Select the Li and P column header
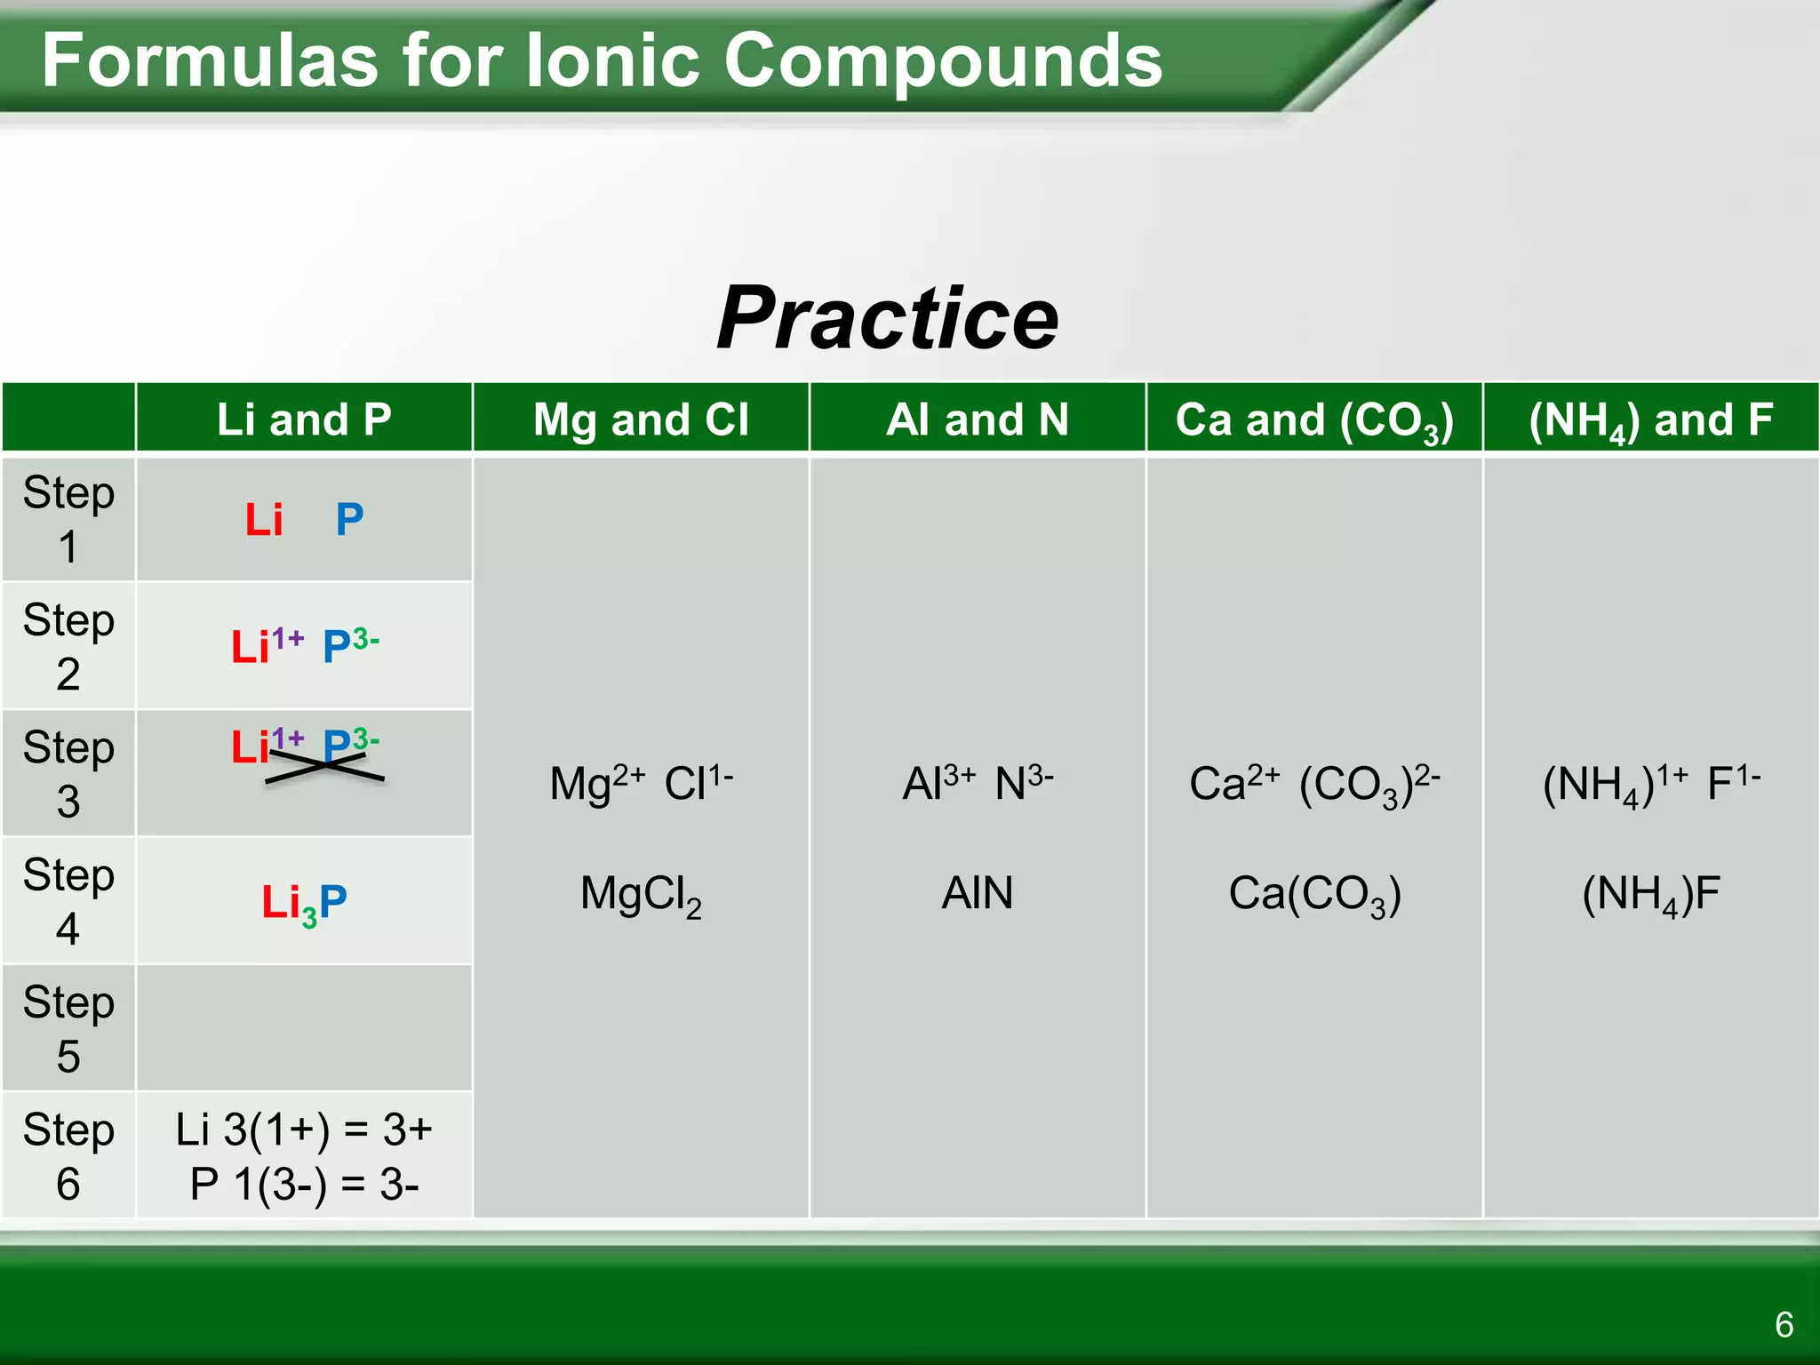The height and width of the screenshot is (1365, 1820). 304,419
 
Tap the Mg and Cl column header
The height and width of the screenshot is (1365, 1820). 641,419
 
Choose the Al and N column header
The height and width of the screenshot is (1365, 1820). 977,419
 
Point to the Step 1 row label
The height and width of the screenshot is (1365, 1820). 68,519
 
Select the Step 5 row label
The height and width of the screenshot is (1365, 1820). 68,1028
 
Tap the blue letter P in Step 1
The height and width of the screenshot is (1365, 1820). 349,519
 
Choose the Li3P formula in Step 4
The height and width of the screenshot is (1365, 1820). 304,903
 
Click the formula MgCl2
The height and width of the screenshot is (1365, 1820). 641,894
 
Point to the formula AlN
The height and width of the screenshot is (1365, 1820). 977,892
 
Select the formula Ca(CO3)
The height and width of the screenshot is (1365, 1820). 1313,894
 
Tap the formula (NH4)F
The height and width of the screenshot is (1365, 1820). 1650,894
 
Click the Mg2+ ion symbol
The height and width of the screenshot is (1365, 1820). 596,783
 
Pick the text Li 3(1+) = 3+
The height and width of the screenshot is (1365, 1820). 304,1130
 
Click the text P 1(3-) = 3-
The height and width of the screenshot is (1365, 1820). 304,1184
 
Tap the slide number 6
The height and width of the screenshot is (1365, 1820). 1784,1324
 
